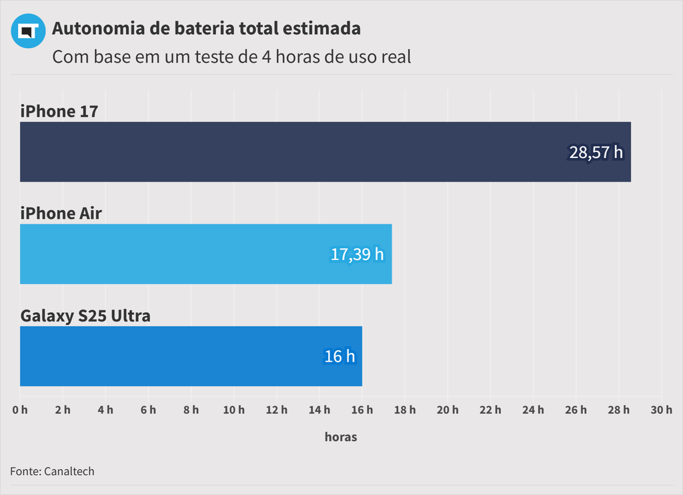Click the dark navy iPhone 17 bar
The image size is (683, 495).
tap(325, 151)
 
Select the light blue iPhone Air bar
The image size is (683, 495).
tap(205, 254)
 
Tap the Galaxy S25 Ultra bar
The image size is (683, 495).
tap(191, 356)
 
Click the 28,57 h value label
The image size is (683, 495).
tap(596, 152)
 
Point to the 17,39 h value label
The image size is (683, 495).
tap(358, 254)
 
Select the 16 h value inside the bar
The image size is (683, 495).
tap(339, 356)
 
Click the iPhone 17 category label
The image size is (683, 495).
tap(59, 111)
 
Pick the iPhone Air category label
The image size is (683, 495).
tap(61, 213)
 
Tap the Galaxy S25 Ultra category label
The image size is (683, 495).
tap(85, 316)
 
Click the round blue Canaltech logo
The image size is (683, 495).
tap(28, 31)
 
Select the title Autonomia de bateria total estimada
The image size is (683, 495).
tap(206, 29)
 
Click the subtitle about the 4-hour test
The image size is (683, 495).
tap(231, 57)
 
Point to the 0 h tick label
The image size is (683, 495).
tap(20, 410)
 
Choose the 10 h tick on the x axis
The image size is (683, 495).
tap(234, 410)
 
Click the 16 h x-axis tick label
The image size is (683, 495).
tap(362, 410)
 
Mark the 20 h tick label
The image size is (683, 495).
tap(448, 410)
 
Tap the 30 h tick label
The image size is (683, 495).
tap(661, 410)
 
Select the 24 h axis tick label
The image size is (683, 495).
tap(533, 410)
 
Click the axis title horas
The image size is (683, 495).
tap(341, 437)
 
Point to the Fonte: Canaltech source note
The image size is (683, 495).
tap(52, 471)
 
